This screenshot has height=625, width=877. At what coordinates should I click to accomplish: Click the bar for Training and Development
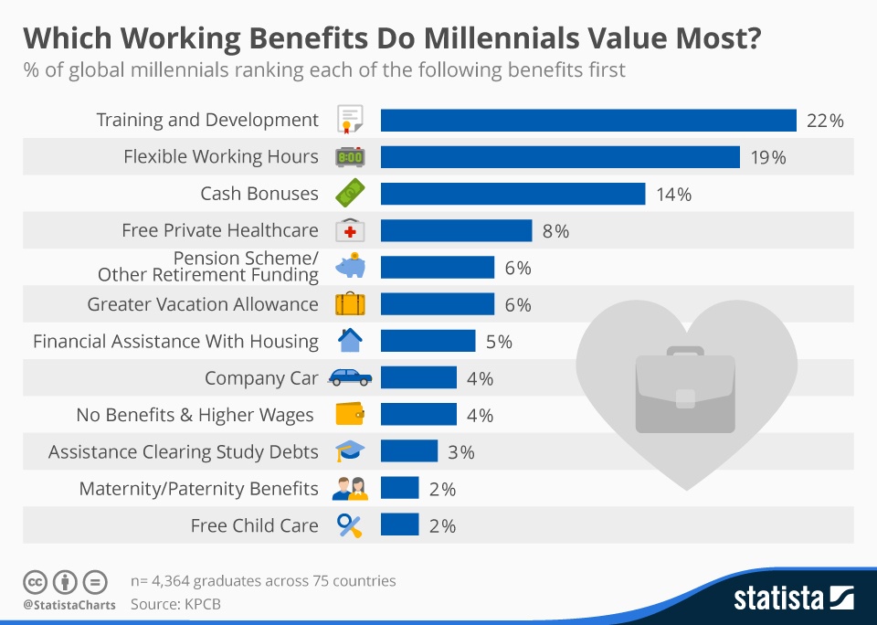[588, 120]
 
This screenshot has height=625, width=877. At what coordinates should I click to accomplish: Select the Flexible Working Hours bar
[559, 157]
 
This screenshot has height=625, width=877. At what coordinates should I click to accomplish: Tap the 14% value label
[673, 195]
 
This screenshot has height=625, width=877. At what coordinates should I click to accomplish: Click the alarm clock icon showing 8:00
[350, 157]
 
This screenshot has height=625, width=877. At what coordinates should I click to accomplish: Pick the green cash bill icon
[350, 194]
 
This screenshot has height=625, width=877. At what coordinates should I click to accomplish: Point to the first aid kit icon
[350, 231]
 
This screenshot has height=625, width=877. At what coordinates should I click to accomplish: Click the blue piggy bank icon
[350, 267]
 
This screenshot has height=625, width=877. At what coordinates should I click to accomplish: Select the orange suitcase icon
[350, 303]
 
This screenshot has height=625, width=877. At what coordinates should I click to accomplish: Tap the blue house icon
[350, 341]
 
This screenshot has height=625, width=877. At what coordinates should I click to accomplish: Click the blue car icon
[350, 377]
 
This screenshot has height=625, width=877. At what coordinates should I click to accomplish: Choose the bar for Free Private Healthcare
[456, 230]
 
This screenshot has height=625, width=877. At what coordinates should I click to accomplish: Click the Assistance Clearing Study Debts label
[184, 452]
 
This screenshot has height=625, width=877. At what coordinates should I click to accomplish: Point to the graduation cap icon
[350, 451]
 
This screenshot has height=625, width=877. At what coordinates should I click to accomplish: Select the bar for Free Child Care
[399, 525]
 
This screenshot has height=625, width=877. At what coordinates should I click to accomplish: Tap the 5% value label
[499, 342]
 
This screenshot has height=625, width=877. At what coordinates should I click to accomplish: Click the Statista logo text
[779, 599]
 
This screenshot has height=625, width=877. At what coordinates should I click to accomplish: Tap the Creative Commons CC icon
[35, 581]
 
